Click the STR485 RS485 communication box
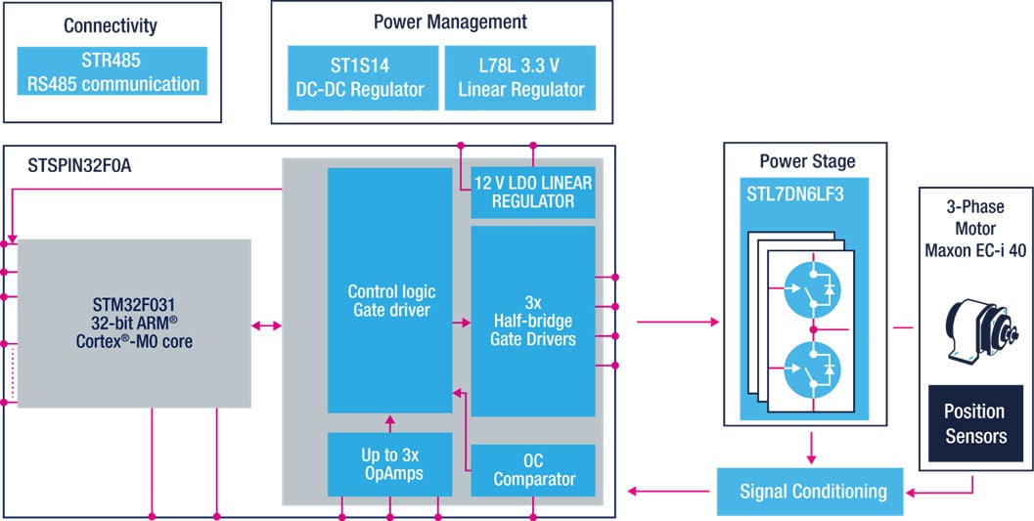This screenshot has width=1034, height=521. pos(112,71)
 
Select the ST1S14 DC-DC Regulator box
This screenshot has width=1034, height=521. pos(360,77)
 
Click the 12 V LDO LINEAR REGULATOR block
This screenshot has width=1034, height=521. pos(533,193)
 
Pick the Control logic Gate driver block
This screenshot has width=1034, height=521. pos(391,301)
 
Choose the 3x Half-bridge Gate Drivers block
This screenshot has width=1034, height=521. pos(533,320)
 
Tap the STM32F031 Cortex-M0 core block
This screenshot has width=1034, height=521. pos(134,323)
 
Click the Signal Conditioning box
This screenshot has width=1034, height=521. pos(813,491)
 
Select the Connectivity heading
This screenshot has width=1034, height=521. pos(111,25)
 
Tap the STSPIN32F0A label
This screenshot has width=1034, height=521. pos(80,167)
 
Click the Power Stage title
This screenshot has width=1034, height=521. pos(806,160)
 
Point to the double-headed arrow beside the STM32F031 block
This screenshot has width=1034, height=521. pos(267,324)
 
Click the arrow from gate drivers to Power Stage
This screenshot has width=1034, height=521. pos(676,320)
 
